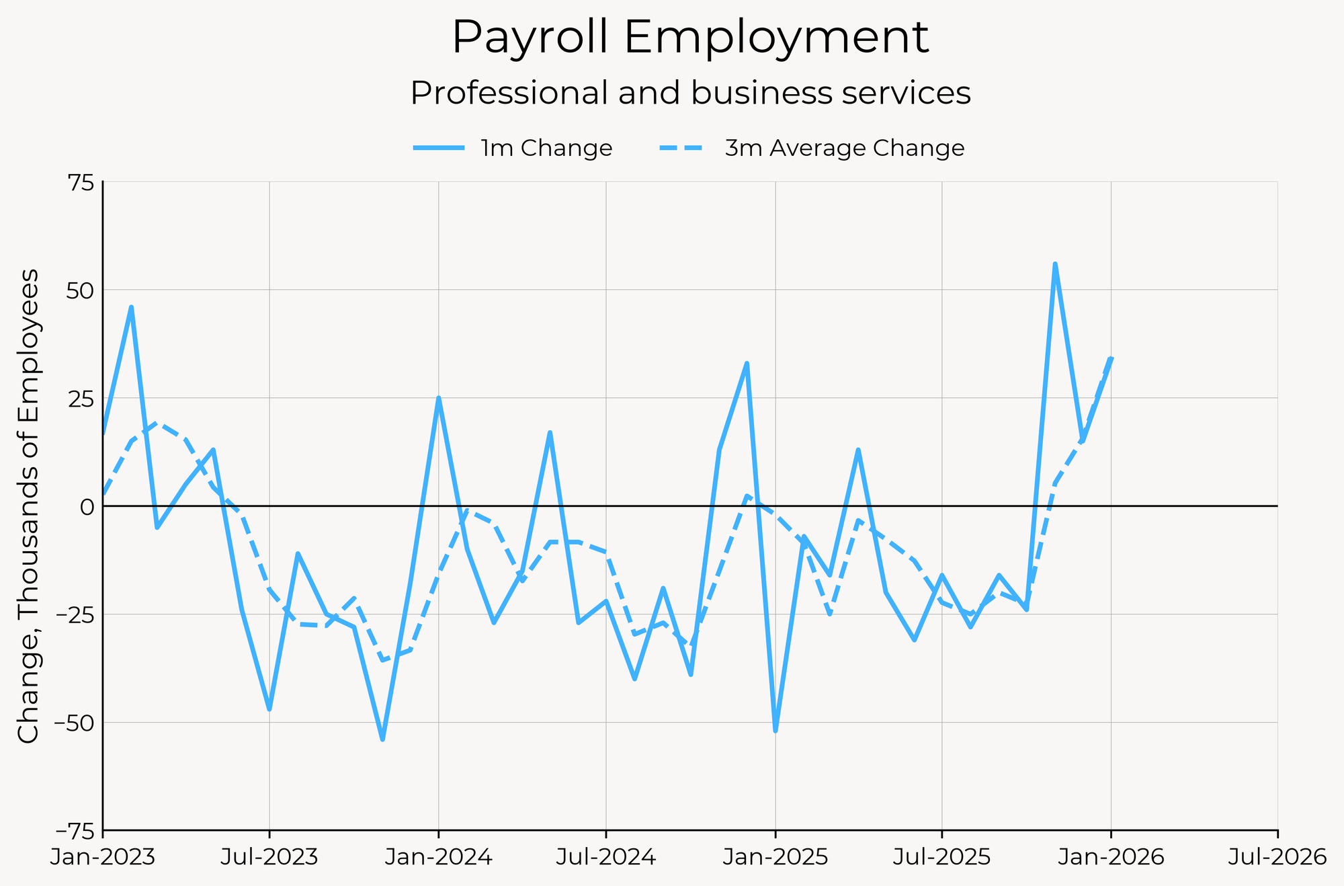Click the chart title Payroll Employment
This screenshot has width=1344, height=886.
[x=690, y=38]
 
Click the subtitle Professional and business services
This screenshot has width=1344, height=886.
[x=690, y=93]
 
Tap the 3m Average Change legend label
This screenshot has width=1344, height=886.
[x=844, y=148]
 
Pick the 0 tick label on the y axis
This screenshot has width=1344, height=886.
[x=87, y=506]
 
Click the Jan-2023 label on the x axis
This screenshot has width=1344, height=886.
[x=103, y=858]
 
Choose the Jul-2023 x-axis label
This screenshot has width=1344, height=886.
[x=269, y=858]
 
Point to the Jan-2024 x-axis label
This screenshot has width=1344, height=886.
[x=439, y=858]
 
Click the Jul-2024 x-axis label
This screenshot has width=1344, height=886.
[x=606, y=858]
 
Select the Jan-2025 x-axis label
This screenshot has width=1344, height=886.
[x=775, y=858]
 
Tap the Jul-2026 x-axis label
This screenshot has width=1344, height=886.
[x=1277, y=858]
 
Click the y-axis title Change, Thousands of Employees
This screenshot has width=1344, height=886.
[x=28, y=506]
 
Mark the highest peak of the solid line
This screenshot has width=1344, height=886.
[x=1055, y=264]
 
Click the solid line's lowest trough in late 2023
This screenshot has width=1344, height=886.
[x=382, y=739]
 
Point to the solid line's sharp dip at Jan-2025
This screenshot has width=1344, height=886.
[x=775, y=731]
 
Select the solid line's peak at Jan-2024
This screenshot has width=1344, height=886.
[x=439, y=398]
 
